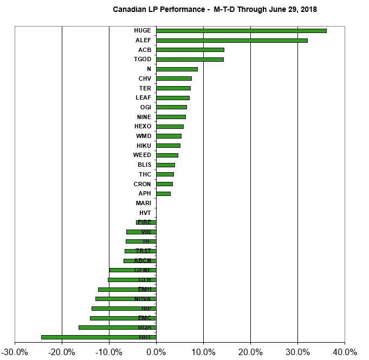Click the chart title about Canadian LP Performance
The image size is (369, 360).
215,9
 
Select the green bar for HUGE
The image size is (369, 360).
241,30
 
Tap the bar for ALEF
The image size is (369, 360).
231,40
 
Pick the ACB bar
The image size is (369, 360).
190,50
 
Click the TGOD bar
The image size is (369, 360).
190,59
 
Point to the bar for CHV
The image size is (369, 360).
174,78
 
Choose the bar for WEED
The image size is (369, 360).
167,155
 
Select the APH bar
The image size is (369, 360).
163,193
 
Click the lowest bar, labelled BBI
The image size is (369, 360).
99,337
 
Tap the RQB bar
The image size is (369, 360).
117,328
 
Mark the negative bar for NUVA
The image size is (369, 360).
126,299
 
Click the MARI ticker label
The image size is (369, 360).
143,203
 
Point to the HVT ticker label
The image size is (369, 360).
145,213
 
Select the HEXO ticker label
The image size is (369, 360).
143,126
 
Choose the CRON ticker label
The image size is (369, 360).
143,184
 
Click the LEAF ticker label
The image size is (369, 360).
143,97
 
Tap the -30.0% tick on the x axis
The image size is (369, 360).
15,352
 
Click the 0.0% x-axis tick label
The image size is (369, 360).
156,352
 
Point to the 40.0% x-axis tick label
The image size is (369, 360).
344,352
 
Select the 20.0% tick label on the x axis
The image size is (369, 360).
250,352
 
